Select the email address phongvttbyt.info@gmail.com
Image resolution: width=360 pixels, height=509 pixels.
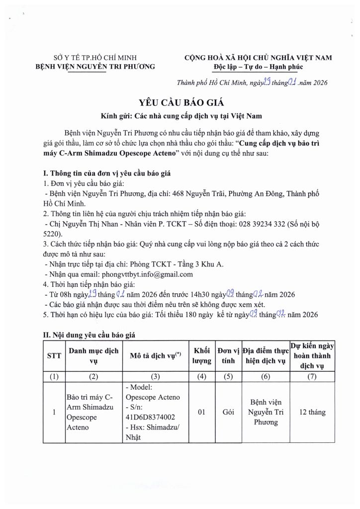pyautogui.click(x=147, y=274)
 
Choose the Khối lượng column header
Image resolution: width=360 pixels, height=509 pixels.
pyautogui.click(x=202, y=356)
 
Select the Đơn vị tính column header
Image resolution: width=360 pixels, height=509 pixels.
pyautogui.click(x=229, y=356)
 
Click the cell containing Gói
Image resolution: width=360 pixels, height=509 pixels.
pyautogui.click(x=229, y=412)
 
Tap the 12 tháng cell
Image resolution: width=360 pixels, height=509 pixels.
pyautogui.click(x=313, y=412)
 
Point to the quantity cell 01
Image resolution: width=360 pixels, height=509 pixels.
pyautogui.click(x=202, y=412)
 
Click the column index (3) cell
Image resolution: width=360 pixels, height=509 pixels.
pyautogui.click(x=154, y=377)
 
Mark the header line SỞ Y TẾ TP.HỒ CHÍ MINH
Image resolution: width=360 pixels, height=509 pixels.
pyautogui.click(x=94, y=58)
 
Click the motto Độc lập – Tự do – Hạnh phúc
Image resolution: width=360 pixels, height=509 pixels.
pyautogui.click(x=258, y=67)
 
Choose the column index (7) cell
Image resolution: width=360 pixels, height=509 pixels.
pyautogui.click(x=313, y=377)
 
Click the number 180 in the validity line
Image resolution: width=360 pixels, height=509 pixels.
pyautogui.click(x=178, y=314)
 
